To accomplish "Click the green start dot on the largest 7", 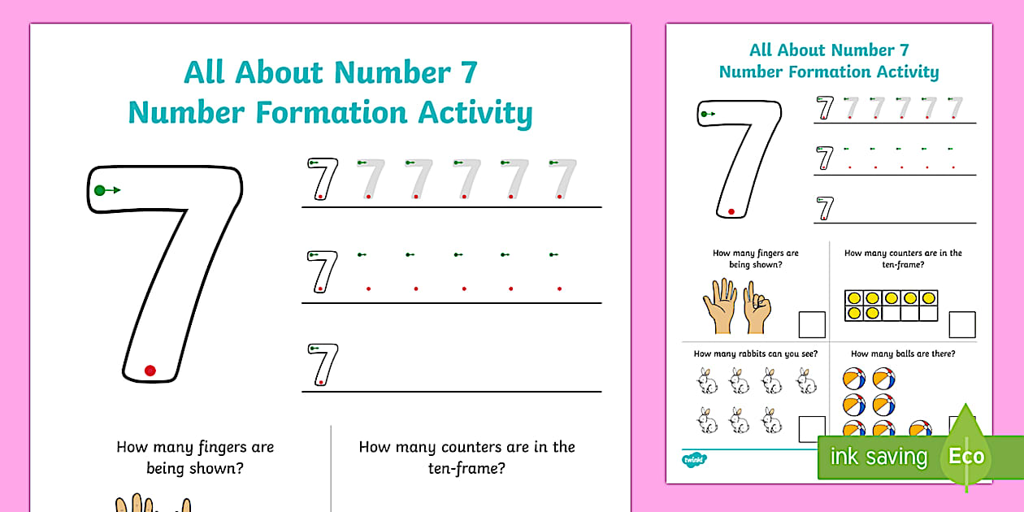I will click(100, 190).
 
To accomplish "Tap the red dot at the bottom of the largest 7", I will click(150, 371).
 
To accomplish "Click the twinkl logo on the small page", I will click(692, 460).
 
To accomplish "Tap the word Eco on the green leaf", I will click(966, 456).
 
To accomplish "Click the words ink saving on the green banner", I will click(878, 457).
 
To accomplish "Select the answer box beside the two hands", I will click(811, 325).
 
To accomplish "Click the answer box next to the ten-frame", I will click(962, 325).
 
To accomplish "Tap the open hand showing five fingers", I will click(719, 306).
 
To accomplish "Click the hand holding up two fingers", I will click(756, 308).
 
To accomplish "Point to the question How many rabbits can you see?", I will click(755, 354).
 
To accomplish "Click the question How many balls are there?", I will click(902, 354).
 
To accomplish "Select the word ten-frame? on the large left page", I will click(466, 468).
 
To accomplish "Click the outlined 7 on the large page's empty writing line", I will click(323, 364).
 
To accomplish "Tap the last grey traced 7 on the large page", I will click(562, 179).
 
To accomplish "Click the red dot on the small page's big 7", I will click(731, 211).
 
